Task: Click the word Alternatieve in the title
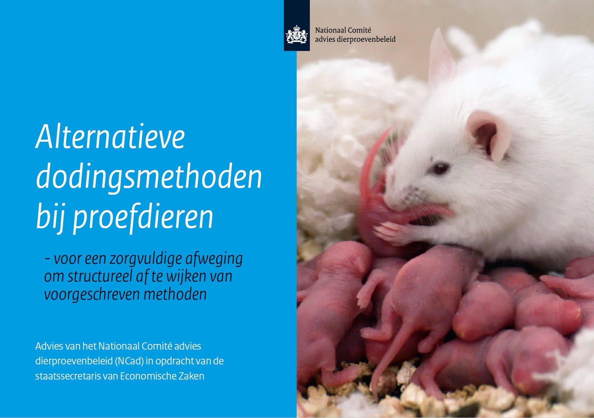point(110,137)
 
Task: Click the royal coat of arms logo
point(297,34)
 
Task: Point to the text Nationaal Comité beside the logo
point(343,30)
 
